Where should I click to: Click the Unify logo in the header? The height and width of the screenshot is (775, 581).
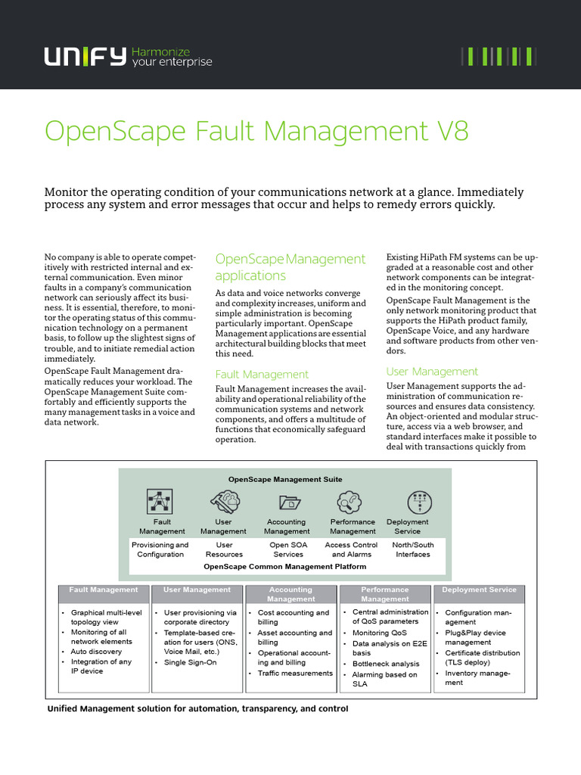(85, 56)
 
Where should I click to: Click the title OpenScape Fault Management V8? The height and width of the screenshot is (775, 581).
(256, 131)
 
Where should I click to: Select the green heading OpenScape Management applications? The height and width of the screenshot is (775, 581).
(290, 267)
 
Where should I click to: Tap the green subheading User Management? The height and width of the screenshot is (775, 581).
(432, 372)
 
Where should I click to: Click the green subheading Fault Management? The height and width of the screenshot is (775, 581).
(262, 375)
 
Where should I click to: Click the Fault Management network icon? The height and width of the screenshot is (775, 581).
(160, 501)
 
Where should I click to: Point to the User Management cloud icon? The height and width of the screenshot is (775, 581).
(224, 501)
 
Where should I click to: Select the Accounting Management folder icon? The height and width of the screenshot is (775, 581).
(288, 501)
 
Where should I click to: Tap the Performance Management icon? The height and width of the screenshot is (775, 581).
(352, 501)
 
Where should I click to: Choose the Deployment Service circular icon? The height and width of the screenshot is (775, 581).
(419, 501)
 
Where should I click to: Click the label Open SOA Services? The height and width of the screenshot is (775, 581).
(287, 549)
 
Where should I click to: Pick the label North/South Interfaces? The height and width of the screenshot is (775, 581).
(413, 549)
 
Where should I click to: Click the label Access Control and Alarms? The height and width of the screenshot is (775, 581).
(350, 549)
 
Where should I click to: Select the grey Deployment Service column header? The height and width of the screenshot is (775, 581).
(479, 590)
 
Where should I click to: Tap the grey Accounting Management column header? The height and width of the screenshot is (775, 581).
(290, 594)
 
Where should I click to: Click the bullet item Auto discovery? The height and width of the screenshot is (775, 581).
(96, 651)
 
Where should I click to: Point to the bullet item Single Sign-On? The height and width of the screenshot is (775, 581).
(190, 662)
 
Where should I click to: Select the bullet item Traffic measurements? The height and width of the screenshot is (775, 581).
(295, 673)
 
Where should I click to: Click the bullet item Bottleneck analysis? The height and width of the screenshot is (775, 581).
(385, 664)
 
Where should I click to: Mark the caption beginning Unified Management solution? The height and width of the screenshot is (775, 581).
(197, 709)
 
